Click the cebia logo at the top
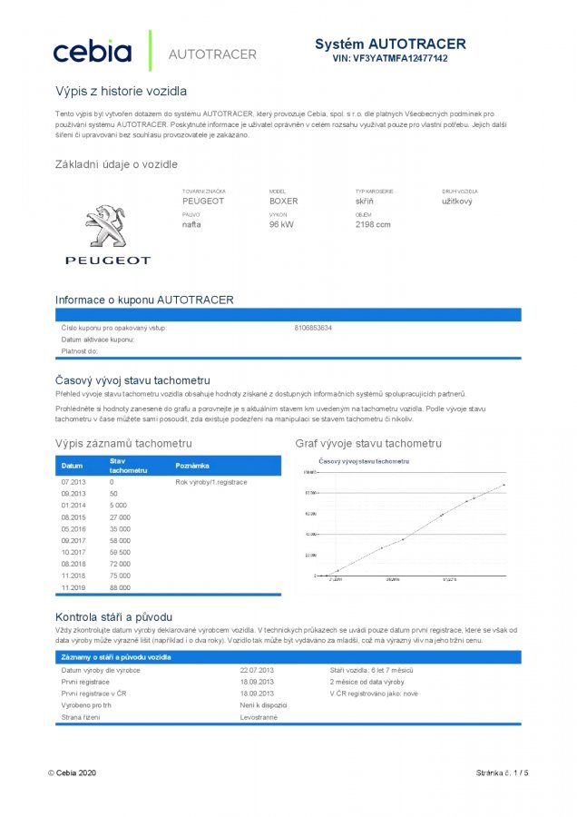pos(92,52)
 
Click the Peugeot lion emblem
pos(106,226)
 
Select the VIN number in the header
pos(390,58)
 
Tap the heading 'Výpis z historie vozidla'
pos(121,91)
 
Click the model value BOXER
pos(283,201)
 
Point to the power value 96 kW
pos(280,223)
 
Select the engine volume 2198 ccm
pos(372,223)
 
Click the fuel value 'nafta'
pos(191,223)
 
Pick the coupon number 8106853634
pos(313,327)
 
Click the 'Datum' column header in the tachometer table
pos(72,466)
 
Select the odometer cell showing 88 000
pos(120,587)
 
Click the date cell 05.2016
pos(73,528)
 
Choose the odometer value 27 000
pos(120,517)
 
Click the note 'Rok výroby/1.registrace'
pos(210,481)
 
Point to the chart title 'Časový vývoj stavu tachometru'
pos(363,461)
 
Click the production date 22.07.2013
pos(257,670)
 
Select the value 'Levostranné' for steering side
pos(259,717)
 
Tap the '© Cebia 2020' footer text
pos(72,773)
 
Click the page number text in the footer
pos(501,773)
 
